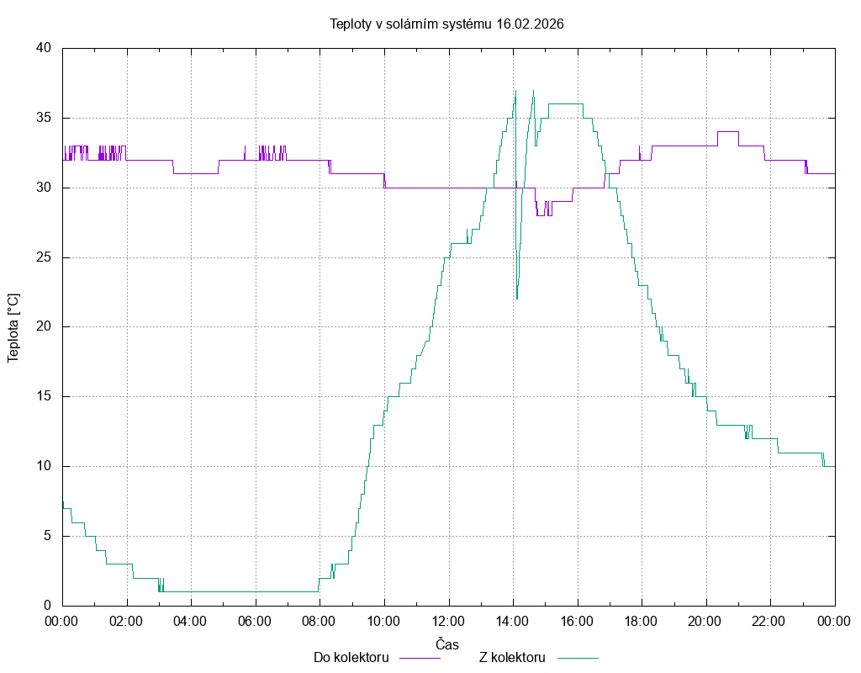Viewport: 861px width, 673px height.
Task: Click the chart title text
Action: pyautogui.click(x=446, y=24)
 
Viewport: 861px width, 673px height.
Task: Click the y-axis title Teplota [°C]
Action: pyautogui.click(x=13, y=327)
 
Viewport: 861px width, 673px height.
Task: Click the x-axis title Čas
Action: pyautogui.click(x=447, y=644)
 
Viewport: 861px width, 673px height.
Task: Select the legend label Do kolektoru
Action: pyautogui.click(x=351, y=657)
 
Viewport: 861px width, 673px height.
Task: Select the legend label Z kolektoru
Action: pyautogui.click(x=513, y=657)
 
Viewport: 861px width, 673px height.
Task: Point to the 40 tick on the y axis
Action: pyautogui.click(x=45, y=48)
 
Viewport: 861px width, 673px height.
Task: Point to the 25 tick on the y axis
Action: pyautogui.click(x=45, y=257)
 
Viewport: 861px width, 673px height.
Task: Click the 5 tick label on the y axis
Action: pyautogui.click(x=48, y=536)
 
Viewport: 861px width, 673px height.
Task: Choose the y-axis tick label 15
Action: pyautogui.click(x=45, y=396)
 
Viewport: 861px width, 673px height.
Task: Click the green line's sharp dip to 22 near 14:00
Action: pyautogui.click(x=517, y=297)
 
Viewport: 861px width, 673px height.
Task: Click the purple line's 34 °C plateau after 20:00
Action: pyautogui.click(x=728, y=132)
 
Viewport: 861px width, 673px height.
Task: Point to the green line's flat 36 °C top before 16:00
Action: pyautogui.click(x=565, y=103)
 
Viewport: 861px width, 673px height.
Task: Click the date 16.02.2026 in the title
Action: pyautogui.click(x=530, y=24)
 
